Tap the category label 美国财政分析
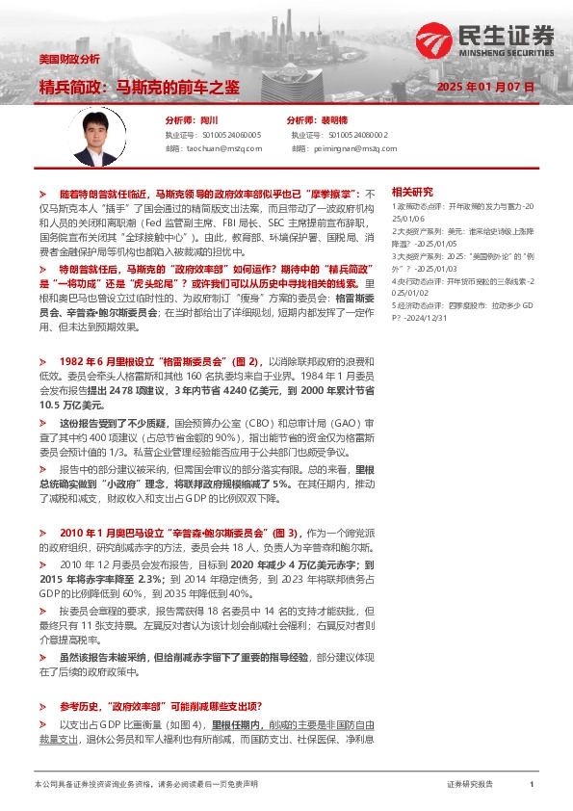point(63,60)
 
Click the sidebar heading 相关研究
point(412,193)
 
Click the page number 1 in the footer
point(532,785)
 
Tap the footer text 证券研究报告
point(470,785)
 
